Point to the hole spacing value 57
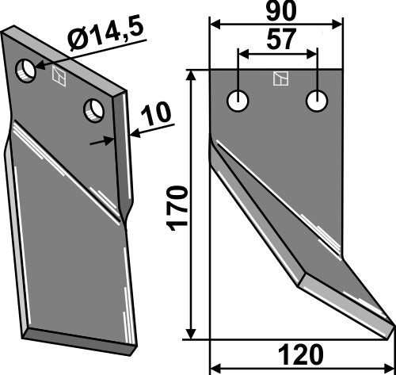click(277, 42)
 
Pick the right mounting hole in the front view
click(317, 101)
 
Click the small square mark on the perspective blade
click(57, 76)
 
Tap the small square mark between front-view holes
click(278, 78)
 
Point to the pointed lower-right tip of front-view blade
click(390, 323)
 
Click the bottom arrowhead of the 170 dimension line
click(192, 333)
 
